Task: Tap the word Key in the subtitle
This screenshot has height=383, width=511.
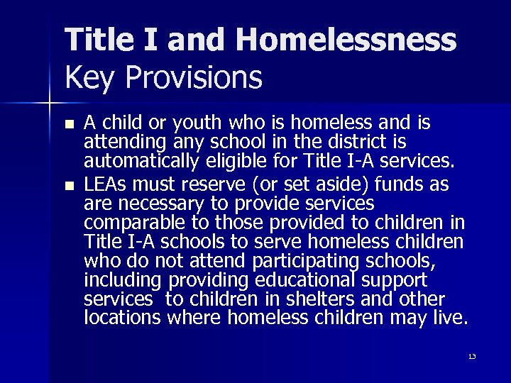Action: click(87, 78)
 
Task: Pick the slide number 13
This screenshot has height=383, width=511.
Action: click(471, 355)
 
